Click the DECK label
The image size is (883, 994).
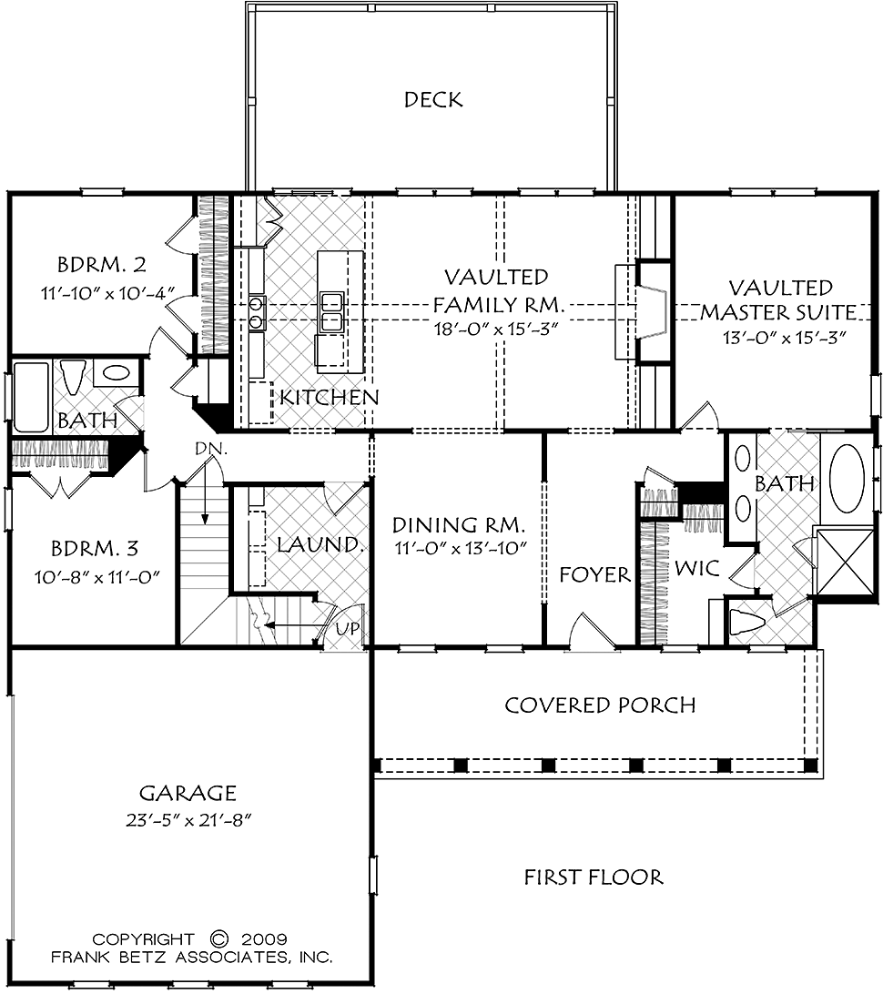[433, 99]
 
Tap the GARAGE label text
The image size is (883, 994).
[188, 793]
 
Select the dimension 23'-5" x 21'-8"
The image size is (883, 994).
[189, 820]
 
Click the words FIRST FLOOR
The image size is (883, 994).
[594, 877]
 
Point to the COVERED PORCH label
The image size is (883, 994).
[600, 705]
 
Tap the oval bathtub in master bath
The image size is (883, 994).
[847, 478]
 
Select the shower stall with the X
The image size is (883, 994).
[844, 562]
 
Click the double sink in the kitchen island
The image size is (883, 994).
[331, 311]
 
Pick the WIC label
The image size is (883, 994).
[696, 568]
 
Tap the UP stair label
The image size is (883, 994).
[348, 628]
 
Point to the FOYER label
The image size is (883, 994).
[594, 575]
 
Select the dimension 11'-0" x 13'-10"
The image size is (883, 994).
[461, 548]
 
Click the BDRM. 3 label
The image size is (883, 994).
[95, 548]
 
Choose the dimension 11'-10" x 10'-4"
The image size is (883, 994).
[107, 293]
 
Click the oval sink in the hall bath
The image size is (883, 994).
[116, 372]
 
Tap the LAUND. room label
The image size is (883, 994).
[320, 544]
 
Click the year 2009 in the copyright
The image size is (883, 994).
[264, 938]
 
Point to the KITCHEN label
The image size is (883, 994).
[330, 398]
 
